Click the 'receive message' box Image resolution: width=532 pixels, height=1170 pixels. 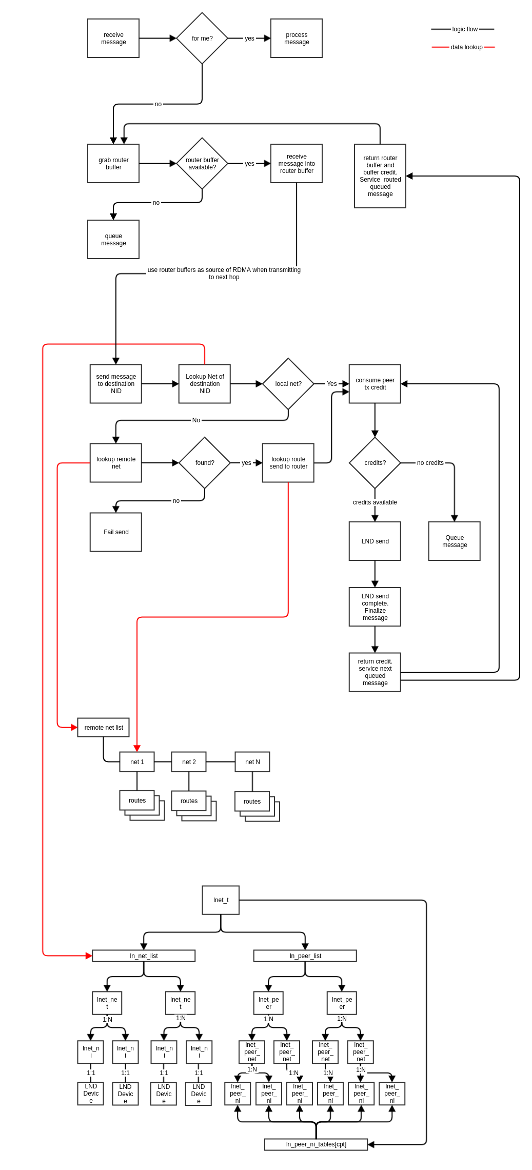coord(113,38)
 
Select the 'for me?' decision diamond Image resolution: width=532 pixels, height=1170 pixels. coord(202,38)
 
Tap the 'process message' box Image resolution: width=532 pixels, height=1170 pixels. coord(297,38)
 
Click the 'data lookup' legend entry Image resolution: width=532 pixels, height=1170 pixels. coord(464,47)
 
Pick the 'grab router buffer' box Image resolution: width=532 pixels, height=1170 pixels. coord(113,164)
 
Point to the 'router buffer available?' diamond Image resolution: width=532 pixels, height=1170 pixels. coord(202,164)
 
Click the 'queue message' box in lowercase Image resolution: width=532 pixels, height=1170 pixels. coord(113,240)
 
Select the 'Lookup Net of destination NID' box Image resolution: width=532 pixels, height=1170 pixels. coord(205,384)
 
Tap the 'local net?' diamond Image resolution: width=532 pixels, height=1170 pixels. coord(288,384)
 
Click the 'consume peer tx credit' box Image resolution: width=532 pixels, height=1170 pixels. coord(375,384)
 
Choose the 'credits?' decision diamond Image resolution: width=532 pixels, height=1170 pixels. coord(375,463)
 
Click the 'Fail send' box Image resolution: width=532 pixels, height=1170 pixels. coord(116,532)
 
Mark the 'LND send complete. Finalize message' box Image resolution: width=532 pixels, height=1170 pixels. coord(375,607)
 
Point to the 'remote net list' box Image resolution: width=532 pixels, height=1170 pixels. coord(104,728)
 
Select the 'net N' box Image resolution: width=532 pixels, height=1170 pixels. coord(252,762)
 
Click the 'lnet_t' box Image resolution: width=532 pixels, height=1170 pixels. coord(221,900)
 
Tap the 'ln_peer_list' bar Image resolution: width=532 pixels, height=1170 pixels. coord(305,956)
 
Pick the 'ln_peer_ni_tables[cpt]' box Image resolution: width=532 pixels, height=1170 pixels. coord(316,1144)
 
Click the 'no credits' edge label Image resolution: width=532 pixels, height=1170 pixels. coord(430,463)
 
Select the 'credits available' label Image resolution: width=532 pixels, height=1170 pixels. coord(375,502)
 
